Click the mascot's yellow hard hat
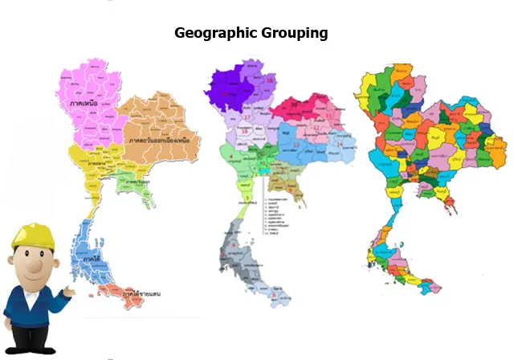[33, 235]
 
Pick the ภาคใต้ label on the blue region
[91, 260]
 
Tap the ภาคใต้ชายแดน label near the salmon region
[140, 294]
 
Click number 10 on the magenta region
[294, 105]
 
